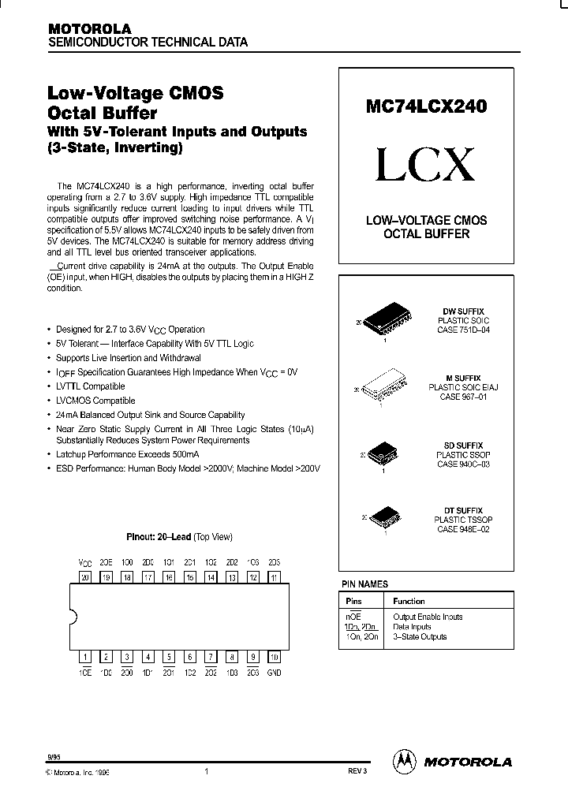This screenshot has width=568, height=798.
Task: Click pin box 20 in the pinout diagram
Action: [x=85, y=577]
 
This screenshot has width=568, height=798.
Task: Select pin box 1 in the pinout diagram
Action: [x=85, y=655]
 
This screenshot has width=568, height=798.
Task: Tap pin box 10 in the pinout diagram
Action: [x=274, y=655]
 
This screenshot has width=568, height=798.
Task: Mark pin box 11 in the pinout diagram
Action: [x=274, y=577]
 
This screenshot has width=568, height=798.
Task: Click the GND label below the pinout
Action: [x=274, y=673]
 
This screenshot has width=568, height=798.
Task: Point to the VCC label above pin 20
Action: [x=85, y=562]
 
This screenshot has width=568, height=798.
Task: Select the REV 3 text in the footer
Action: [x=357, y=773]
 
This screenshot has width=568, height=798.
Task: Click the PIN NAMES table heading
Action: [x=364, y=584]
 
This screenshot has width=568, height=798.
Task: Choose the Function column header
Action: [x=409, y=601]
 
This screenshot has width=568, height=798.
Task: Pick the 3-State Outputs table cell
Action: [x=420, y=636]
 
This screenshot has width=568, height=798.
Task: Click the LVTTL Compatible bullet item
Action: [x=90, y=386]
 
